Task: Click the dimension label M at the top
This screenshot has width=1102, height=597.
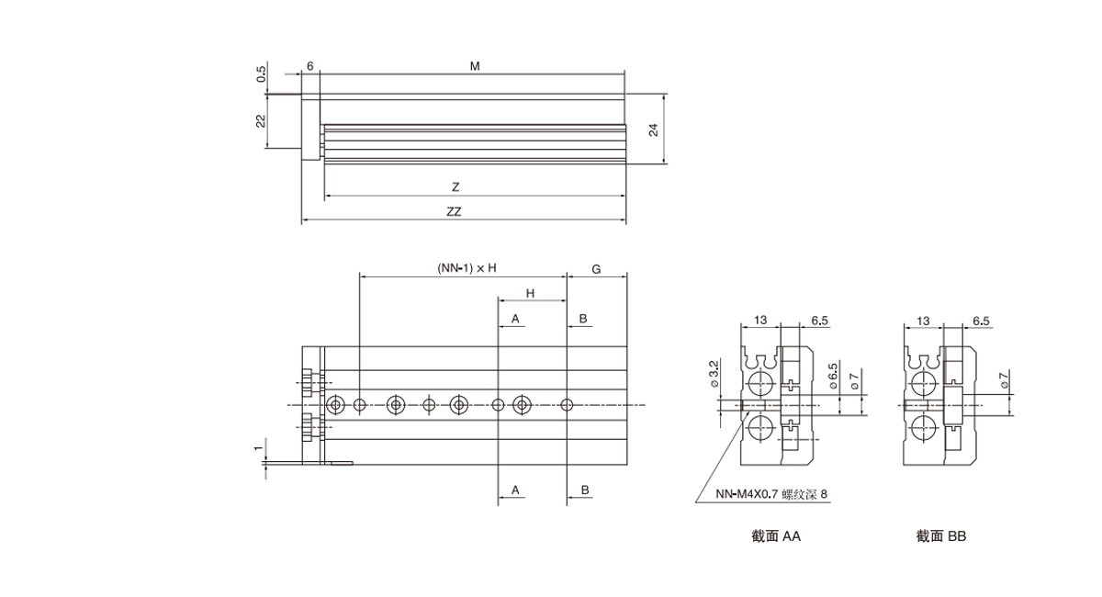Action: click(475, 66)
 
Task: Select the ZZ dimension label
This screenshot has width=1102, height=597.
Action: click(454, 211)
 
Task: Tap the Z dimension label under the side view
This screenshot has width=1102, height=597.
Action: click(455, 186)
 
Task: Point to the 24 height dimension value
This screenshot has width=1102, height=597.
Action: click(654, 130)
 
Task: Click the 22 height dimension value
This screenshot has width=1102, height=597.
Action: click(261, 120)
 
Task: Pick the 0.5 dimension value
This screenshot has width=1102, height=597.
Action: click(261, 73)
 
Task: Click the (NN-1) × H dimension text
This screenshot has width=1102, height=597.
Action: click(467, 268)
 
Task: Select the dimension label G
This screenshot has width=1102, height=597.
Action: click(596, 269)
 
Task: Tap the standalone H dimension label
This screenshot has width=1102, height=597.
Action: click(531, 293)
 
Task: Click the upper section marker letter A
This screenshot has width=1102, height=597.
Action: click(516, 318)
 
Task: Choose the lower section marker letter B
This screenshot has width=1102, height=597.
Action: click(584, 490)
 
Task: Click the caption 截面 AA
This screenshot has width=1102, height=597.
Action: click(775, 535)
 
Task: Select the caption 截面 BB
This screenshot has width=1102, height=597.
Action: click(940, 535)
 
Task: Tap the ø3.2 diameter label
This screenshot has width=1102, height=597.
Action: click(714, 372)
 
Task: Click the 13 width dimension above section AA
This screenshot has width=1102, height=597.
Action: click(760, 320)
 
